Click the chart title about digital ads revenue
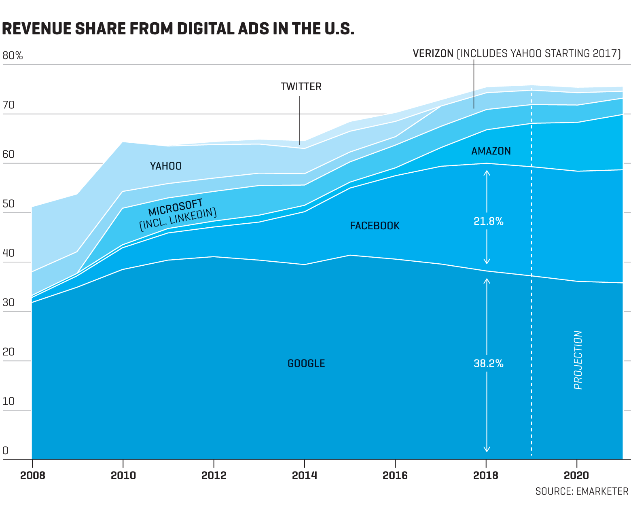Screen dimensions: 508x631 [178, 29]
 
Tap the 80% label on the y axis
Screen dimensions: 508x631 [13, 56]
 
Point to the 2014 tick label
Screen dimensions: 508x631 [304, 476]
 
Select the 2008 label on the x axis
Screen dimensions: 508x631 [32, 476]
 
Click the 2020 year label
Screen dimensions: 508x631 [576, 476]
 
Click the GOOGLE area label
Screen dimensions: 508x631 [306, 364]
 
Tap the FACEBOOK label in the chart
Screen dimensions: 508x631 [375, 226]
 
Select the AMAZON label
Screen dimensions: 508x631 [491, 151]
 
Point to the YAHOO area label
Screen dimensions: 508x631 [166, 166]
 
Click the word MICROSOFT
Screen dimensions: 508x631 [175, 207]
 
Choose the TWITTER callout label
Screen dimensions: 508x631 [301, 87]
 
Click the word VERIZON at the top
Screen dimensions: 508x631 [433, 54]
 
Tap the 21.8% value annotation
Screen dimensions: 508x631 [488, 222]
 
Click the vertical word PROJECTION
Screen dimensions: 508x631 [578, 360]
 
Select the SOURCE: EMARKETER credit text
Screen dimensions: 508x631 [582, 491]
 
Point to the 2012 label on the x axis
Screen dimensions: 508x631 [214, 476]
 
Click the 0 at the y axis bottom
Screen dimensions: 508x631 [5, 451]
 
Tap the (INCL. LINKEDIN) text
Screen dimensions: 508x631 [178, 220]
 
